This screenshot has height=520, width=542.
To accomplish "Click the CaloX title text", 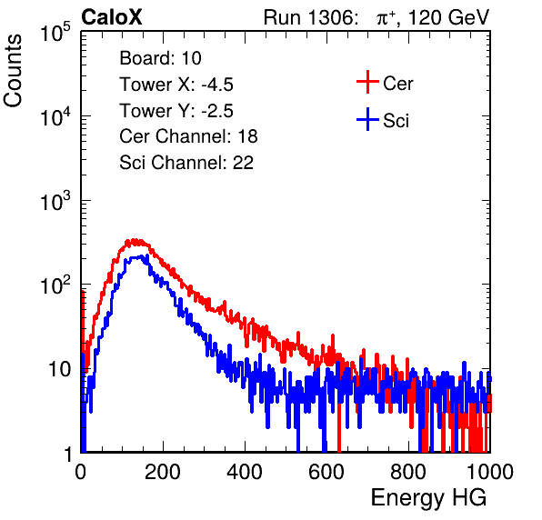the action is (112, 16).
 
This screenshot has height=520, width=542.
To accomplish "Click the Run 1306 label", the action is (309, 17).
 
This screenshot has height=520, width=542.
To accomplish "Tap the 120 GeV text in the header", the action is (449, 17).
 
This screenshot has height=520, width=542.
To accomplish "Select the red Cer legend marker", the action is (367, 82).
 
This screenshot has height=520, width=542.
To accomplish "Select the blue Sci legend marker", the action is (367, 119).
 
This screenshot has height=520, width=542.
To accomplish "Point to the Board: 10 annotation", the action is (160, 57).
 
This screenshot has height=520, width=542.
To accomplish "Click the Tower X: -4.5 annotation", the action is (176, 85).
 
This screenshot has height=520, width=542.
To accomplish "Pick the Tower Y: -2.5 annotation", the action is (176, 111).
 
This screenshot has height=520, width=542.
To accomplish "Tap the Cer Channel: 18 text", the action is (188, 136).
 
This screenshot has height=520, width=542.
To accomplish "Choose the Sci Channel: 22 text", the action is (186, 163).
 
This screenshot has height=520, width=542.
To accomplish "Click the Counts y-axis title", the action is (13, 71).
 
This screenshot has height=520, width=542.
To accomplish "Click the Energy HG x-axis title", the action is (428, 498).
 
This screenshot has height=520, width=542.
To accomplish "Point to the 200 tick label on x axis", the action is (163, 472).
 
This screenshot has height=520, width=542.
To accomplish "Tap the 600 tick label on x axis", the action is (326, 472).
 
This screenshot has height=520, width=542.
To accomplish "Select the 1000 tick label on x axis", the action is (490, 472).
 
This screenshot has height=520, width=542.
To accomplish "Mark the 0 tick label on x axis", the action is (81, 472).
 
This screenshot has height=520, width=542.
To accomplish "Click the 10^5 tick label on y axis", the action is (55, 32).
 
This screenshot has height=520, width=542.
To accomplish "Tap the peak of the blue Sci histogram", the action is (147, 255).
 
